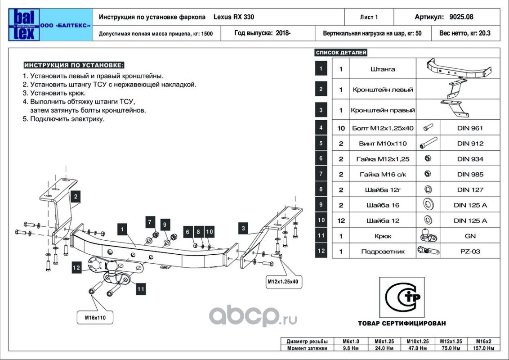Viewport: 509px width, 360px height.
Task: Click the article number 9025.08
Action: click(x=461, y=17)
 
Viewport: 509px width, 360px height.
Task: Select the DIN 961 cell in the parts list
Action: click(x=470, y=128)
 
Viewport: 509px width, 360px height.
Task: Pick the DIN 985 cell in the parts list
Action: click(x=470, y=175)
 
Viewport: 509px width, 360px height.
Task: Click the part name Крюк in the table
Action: click(x=383, y=236)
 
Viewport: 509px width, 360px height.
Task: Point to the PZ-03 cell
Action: click(x=470, y=251)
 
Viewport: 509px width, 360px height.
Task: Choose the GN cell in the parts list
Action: click(x=470, y=236)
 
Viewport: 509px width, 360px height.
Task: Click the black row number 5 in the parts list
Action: click(x=321, y=144)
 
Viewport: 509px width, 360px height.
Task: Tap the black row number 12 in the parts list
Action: click(x=321, y=251)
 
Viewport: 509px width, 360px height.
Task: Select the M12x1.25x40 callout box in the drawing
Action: click(x=283, y=281)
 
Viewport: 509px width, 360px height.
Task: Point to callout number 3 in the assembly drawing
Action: click(x=243, y=229)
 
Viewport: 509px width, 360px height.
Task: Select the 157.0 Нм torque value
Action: click(x=484, y=348)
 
